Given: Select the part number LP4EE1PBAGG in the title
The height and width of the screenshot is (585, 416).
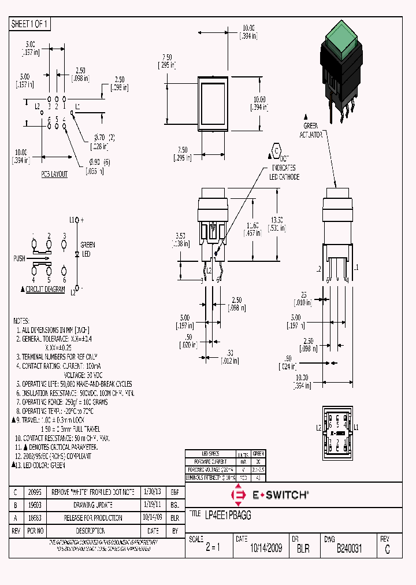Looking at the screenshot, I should [228, 514].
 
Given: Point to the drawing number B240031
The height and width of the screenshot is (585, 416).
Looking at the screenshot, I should [349, 549].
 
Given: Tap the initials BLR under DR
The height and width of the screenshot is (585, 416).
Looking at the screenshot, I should [303, 549].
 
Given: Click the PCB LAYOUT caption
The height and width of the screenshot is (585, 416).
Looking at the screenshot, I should [54, 174].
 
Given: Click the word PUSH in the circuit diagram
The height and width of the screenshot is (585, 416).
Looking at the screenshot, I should [19, 258].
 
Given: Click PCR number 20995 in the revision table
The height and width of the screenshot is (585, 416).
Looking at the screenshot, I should [34, 492].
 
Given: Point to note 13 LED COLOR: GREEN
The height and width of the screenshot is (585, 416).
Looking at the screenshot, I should [43, 465].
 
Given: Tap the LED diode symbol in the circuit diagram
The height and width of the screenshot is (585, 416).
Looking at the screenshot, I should [77, 253].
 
